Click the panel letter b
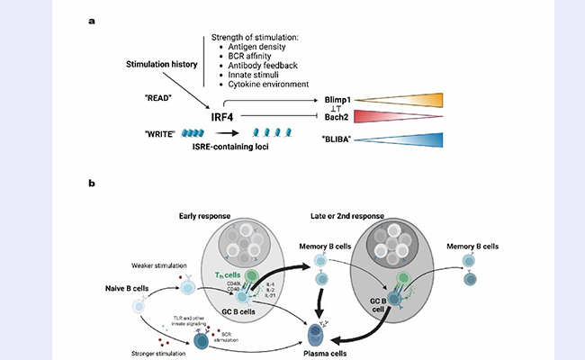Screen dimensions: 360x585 tap(92, 184)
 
